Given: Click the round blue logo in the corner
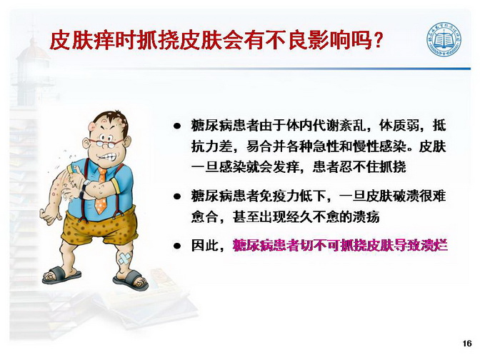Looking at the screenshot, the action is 444,39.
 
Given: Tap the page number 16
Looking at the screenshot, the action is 467,344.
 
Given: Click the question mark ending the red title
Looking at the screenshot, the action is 378,40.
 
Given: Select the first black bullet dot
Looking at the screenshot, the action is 176,126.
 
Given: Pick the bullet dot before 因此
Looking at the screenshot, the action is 176,245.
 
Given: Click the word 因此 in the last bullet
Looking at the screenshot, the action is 204,245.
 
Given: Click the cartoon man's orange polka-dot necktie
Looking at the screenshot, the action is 101,191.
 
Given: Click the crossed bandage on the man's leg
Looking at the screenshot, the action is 124,258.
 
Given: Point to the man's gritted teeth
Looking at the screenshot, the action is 108,157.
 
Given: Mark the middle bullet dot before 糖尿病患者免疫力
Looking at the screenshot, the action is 176,196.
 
